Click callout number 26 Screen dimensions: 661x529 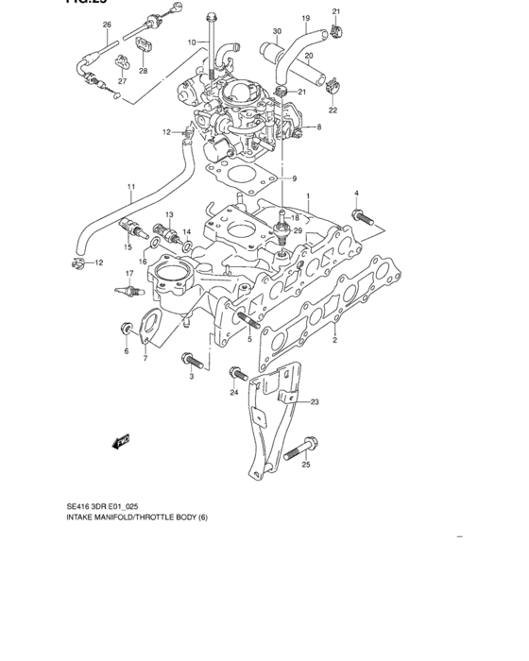coord(106,24)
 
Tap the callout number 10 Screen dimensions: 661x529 coord(191,42)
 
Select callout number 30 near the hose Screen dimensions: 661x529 coord(277,32)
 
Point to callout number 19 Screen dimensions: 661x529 coord(305,18)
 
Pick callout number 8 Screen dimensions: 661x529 coord(319,127)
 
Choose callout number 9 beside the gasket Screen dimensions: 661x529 coord(293,179)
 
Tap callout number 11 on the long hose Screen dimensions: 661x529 coord(132,186)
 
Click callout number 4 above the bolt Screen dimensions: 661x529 coord(357,194)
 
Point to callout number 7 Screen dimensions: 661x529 coord(145,359)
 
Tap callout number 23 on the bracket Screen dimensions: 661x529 coord(315,401)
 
